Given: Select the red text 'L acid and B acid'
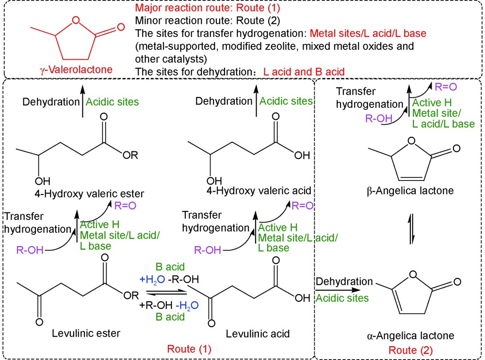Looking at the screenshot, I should [x=304, y=72].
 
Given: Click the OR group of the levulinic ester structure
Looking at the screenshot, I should [x=132, y=294].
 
